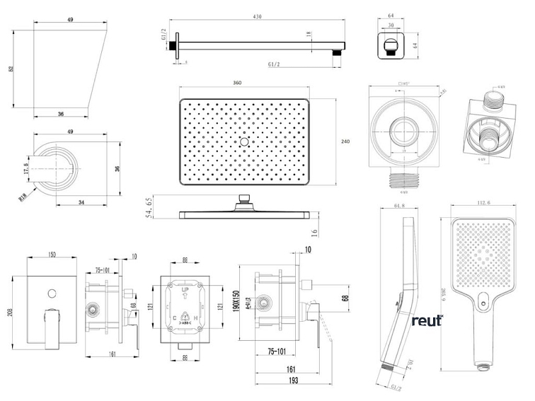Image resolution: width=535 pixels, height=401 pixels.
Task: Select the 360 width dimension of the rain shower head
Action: pyautogui.click(x=237, y=83)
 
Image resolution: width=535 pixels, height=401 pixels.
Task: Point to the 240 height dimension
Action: pyautogui.click(x=345, y=142)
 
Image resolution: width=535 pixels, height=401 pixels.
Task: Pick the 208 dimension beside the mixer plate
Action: pyautogui.click(x=10, y=312)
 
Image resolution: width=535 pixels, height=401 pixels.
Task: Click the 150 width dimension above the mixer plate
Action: pyautogui.click(x=52, y=255)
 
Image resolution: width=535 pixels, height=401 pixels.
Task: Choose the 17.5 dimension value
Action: pyautogui.click(x=26, y=169)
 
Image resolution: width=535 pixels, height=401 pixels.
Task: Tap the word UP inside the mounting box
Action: pyautogui.click(x=185, y=291)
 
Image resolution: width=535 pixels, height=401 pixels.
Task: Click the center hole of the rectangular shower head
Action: pyautogui.click(x=244, y=142)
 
